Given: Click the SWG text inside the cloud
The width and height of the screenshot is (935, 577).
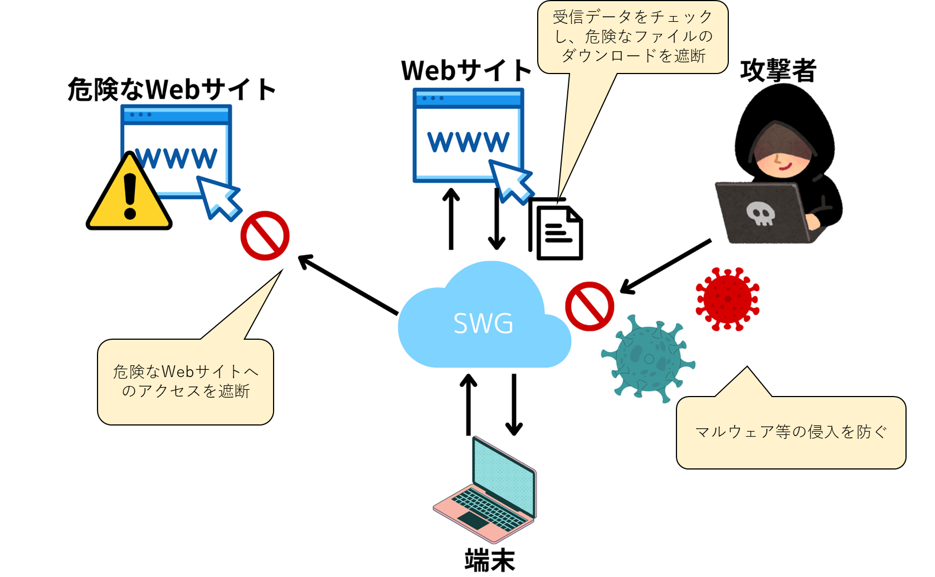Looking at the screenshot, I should click(x=483, y=324).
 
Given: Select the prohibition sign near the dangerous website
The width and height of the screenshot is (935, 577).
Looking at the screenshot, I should click(x=265, y=236).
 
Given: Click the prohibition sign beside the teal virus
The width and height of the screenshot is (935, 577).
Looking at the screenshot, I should click(x=590, y=306).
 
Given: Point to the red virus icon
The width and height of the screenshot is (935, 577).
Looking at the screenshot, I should click(x=727, y=299).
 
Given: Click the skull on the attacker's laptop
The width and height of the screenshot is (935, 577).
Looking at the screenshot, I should click(x=760, y=213).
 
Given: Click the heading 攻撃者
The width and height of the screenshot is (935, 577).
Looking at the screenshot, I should click(x=778, y=71).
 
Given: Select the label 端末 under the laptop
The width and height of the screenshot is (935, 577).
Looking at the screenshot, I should click(x=490, y=560).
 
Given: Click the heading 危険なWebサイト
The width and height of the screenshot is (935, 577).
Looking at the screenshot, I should click(x=172, y=89).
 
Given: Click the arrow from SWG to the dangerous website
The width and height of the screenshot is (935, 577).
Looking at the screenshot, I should click(x=348, y=285).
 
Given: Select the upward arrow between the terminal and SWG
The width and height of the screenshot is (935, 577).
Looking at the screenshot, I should click(x=468, y=404).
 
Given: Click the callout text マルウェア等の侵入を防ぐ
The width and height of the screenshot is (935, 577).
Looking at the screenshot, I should click(x=791, y=432).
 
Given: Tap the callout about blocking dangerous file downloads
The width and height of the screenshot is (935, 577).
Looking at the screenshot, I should click(x=632, y=37).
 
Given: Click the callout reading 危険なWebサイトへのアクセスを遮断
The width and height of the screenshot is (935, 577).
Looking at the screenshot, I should click(x=186, y=382).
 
